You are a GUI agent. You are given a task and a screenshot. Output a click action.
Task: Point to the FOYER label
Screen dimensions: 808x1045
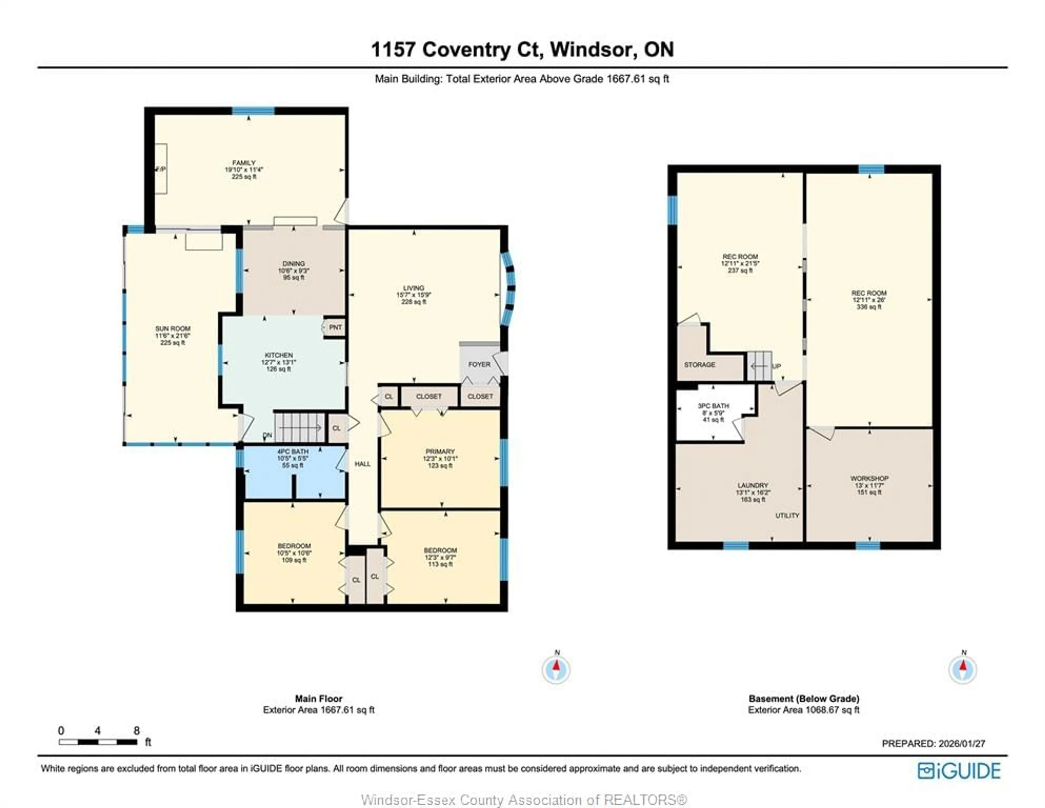coord(479,365)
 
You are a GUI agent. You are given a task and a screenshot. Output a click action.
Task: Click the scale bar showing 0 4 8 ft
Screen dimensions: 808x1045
coord(98,742)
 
